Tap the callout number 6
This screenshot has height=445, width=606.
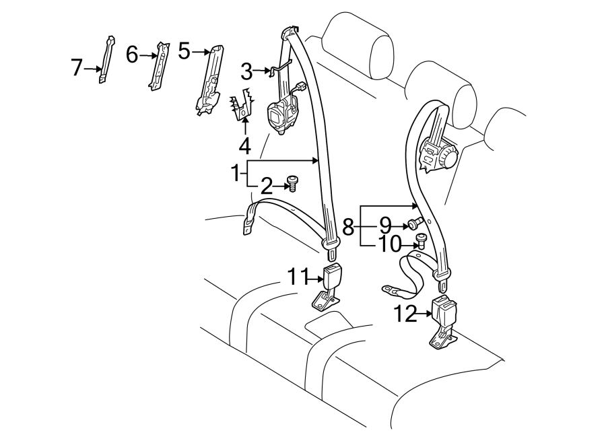[x=132, y=54]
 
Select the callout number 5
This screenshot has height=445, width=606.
[x=184, y=50]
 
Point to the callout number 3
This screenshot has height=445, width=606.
[x=246, y=70]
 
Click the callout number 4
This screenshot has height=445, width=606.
[x=245, y=145]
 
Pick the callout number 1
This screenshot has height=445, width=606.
[x=236, y=174]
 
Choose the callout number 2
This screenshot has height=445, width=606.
[x=267, y=186]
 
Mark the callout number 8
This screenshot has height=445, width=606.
[x=348, y=227]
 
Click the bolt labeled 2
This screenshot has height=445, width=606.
[x=292, y=182]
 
